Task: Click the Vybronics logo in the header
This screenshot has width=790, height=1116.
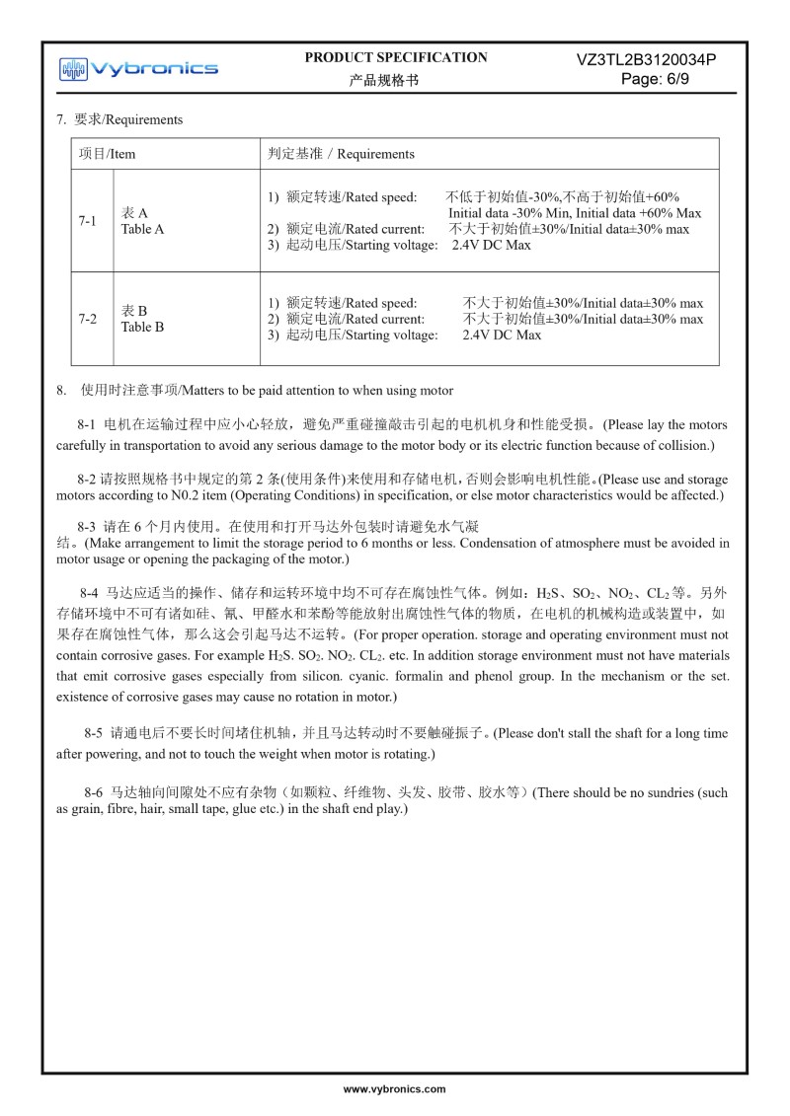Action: [x=138, y=68]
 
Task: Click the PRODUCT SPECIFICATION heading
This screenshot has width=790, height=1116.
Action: [x=396, y=57]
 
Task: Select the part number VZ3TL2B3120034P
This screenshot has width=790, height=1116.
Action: [x=646, y=59]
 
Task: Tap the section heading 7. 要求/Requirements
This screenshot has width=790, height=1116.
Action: [x=119, y=119]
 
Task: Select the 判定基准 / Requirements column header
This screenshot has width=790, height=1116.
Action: [x=341, y=154]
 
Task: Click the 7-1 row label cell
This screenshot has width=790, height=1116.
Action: [x=88, y=221]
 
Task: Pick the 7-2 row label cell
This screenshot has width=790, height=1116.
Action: [x=88, y=319]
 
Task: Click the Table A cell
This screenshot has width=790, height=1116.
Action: [x=142, y=221]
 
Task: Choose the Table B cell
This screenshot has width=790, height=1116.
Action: [x=142, y=319]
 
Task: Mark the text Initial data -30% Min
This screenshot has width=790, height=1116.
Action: [x=508, y=213]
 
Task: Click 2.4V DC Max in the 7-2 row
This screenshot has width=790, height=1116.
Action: [x=502, y=335]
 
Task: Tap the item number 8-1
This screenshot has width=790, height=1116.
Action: [x=87, y=425]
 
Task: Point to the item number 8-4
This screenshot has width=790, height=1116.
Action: [x=90, y=594]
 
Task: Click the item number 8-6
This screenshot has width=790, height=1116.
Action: [x=94, y=792]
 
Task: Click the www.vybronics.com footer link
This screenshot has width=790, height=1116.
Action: [x=394, y=1089]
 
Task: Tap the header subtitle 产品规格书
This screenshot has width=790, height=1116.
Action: [x=384, y=80]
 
